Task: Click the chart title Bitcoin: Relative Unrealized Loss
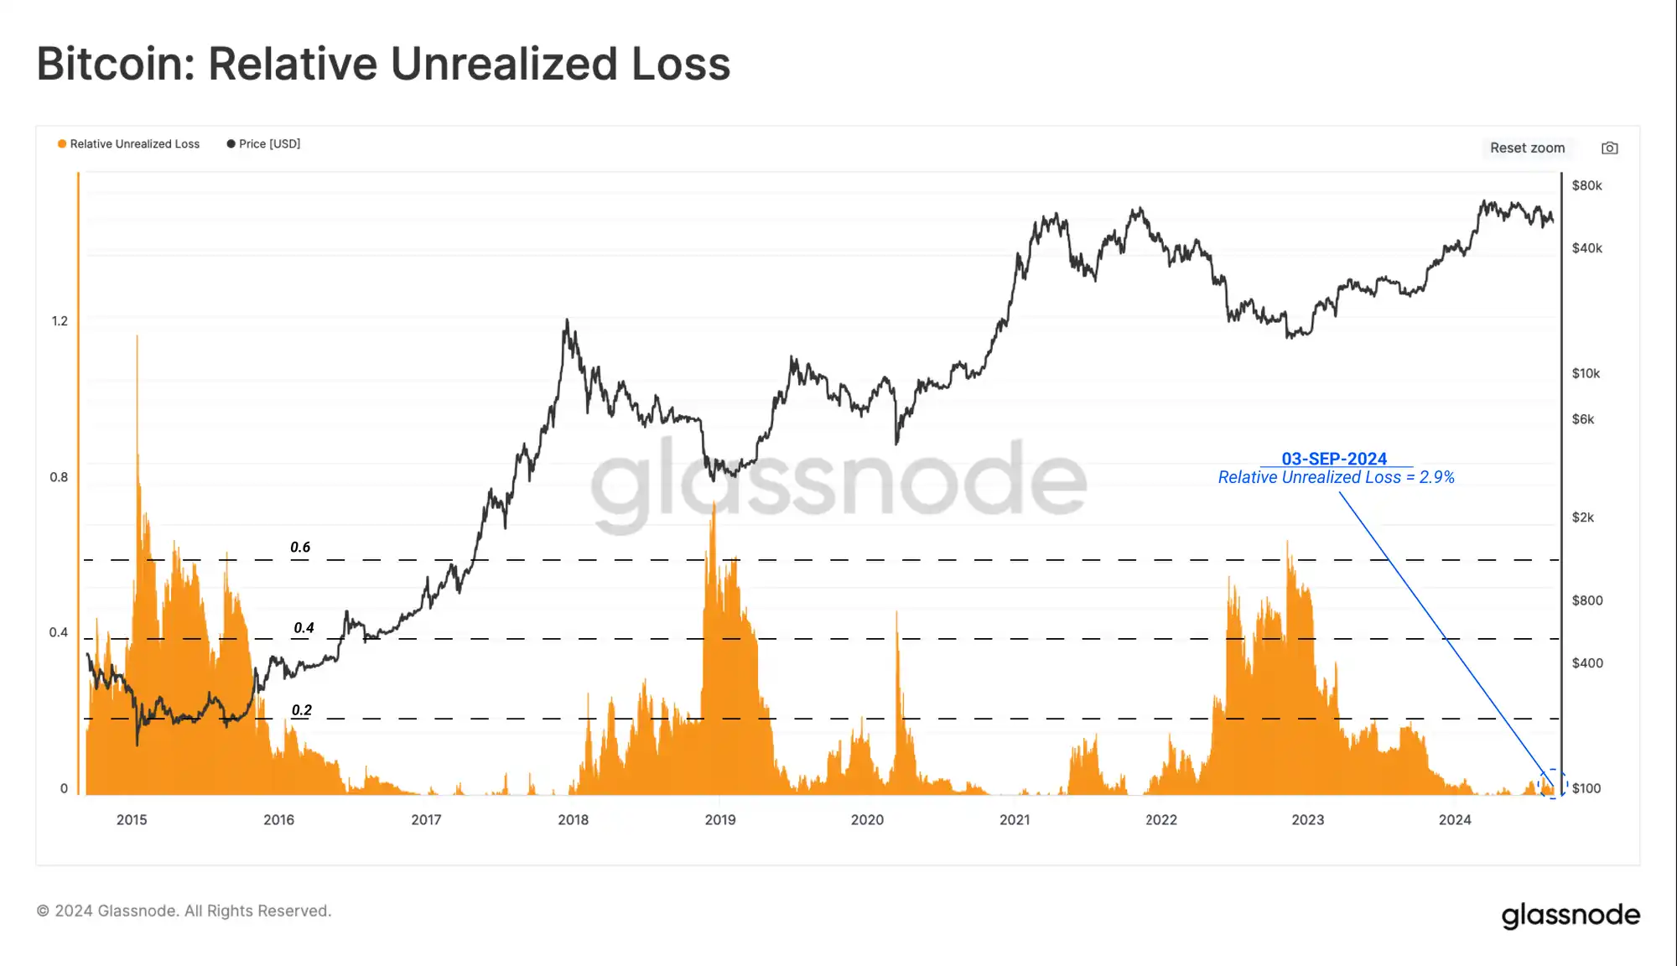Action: point(383,64)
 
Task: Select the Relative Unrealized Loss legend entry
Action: point(129,144)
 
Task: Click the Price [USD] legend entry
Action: point(264,144)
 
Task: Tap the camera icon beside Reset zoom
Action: point(1609,148)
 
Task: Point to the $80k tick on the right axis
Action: point(1586,185)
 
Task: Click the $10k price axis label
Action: point(1586,373)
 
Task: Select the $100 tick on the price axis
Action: point(1586,788)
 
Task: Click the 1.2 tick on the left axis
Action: point(60,321)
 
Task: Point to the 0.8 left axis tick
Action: point(59,477)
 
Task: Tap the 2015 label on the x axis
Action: point(132,820)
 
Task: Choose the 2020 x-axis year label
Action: point(867,820)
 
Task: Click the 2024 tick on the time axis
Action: point(1455,820)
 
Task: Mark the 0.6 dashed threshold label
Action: point(300,548)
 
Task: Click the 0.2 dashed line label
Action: point(302,710)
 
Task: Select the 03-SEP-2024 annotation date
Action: point(1334,459)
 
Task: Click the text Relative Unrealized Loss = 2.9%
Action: point(1336,478)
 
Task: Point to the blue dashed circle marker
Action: point(1552,783)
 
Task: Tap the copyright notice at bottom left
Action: point(184,911)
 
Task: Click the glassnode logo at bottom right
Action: point(1571,915)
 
